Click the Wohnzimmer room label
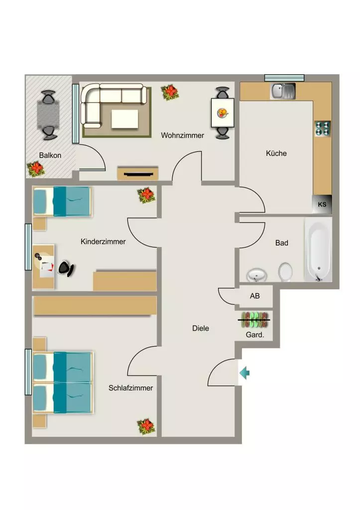tap(182, 135)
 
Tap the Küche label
tap(276, 153)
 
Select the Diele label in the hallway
tap(200, 328)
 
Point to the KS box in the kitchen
tap(322, 204)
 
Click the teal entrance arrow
tap(244, 373)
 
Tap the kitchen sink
tap(283, 91)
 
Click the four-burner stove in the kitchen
tap(323, 128)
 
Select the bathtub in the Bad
tap(318, 250)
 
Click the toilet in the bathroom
tap(285, 271)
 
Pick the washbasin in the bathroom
tap(257, 275)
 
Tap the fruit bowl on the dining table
tap(223, 113)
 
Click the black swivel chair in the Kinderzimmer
tap(66, 268)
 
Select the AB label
tap(254, 296)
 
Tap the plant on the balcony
tap(35, 169)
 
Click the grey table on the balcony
tap(48, 115)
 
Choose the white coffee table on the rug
tap(125, 119)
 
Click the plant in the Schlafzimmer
tap(146, 426)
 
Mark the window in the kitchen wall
tap(284, 78)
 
